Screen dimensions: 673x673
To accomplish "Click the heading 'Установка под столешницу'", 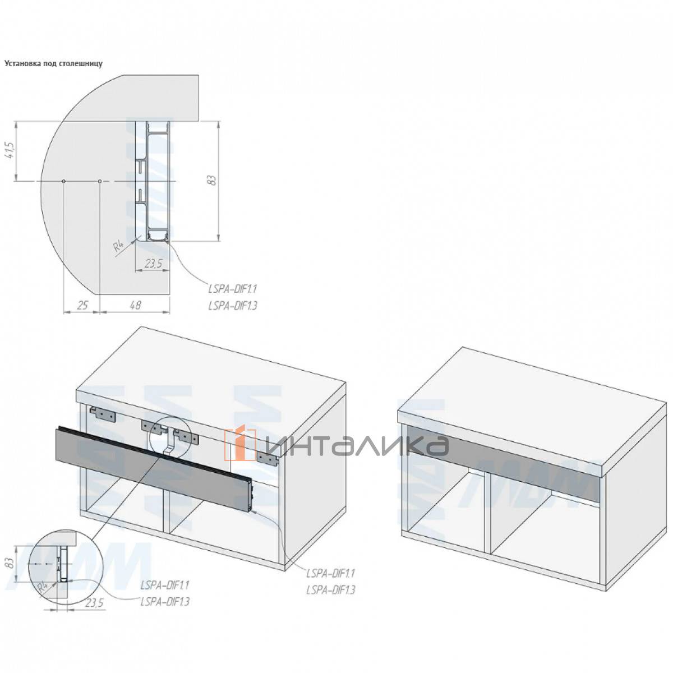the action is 53,64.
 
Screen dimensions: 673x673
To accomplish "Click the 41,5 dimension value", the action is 10,150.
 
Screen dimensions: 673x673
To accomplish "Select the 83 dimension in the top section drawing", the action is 212,180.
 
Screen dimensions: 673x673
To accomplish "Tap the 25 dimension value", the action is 82,305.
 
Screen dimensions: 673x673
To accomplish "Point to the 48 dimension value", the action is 136,305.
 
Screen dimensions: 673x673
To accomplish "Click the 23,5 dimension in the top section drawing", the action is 154,264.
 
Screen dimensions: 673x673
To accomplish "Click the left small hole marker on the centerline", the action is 63,181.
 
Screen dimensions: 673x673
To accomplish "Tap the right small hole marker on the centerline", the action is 100,181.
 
